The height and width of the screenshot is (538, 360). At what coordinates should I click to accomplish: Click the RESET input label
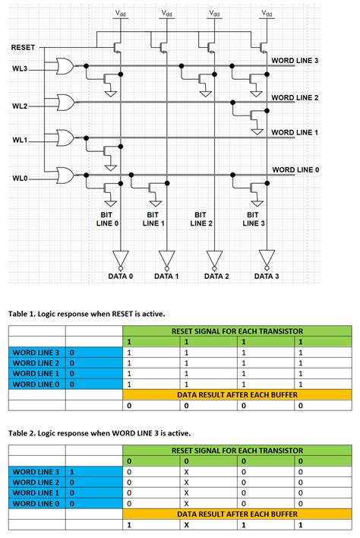point(23,48)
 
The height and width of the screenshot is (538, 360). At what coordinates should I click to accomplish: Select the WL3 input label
point(19,69)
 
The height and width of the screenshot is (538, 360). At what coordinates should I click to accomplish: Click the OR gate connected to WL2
point(65,102)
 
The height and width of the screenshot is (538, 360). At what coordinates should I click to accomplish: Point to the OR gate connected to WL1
point(65,138)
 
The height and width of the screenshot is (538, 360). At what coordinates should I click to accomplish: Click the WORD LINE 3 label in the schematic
point(295,60)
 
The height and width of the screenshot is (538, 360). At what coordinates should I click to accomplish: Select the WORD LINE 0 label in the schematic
point(295,169)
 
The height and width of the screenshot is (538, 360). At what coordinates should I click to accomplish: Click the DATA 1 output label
point(166,277)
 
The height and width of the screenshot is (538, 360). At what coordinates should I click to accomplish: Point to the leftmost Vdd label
point(122,13)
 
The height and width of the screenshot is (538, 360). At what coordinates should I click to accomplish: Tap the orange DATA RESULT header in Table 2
point(237,514)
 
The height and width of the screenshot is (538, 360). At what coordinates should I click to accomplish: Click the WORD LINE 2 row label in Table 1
point(36,362)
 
